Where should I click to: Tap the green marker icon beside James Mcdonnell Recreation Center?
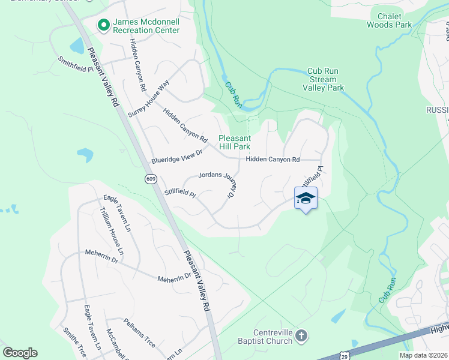[103, 25]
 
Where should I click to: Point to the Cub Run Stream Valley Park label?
[323, 79]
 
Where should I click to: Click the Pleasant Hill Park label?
[234, 142]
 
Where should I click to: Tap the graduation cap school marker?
[306, 199]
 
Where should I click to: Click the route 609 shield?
[151, 179]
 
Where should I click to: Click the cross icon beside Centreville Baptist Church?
[301, 336]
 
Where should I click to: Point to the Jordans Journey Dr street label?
[215, 183]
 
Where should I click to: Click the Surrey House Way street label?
[149, 98]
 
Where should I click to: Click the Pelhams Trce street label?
[139, 332]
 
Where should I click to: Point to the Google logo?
[20, 353]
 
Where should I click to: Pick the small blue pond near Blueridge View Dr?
[85, 155]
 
